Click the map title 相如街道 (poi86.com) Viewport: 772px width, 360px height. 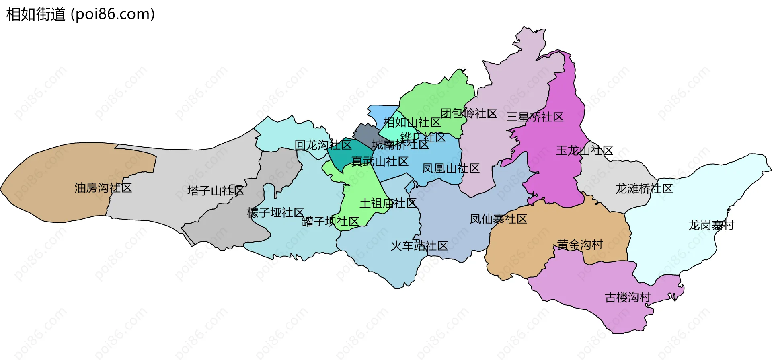(x=80, y=14)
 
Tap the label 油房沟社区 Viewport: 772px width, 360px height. (x=103, y=188)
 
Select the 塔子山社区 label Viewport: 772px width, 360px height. (x=216, y=191)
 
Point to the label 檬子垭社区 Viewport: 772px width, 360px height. (x=275, y=212)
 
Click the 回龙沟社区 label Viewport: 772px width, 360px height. (x=323, y=145)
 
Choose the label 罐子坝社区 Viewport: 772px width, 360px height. (x=330, y=221)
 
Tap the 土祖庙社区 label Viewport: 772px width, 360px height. (x=388, y=203)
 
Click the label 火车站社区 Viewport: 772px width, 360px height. (x=419, y=246)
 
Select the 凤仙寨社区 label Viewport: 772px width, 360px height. (x=498, y=219)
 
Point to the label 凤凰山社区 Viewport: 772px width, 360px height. (x=451, y=168)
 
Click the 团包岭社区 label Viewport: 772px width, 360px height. (x=468, y=113)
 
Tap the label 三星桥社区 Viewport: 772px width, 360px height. (x=535, y=117)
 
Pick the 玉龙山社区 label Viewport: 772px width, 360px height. (x=584, y=151)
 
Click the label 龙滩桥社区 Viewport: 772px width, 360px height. (x=644, y=189)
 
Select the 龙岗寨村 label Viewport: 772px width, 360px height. (x=711, y=225)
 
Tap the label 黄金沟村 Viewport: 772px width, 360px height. (x=579, y=245)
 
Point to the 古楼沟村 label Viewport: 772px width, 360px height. (x=628, y=298)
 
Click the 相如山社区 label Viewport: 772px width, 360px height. (x=412, y=122)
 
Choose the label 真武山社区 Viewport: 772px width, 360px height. (x=380, y=161)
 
